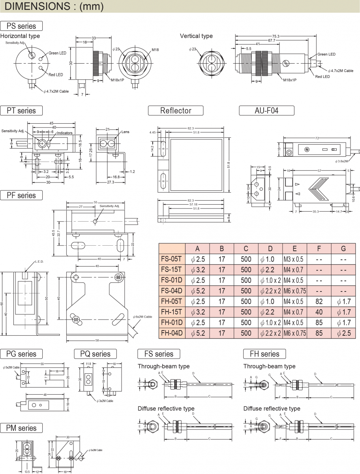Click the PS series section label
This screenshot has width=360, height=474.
pyautogui.click(x=21, y=26)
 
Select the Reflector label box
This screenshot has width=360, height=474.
pyautogui.click(x=176, y=111)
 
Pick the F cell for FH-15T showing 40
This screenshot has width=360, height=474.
pyautogui.click(x=319, y=312)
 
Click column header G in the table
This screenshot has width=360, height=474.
pyautogui.click(x=343, y=248)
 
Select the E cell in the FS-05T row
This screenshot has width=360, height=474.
pyautogui.click(x=294, y=259)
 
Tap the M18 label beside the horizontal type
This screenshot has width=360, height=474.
pyautogui.click(x=155, y=50)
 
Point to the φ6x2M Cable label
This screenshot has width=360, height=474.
pyautogui.click(x=142, y=317)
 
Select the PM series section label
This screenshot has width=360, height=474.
pyautogui.click(x=21, y=428)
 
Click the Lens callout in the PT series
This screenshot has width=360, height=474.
pyautogui.click(x=126, y=132)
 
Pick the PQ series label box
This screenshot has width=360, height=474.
pyautogui.click(x=95, y=354)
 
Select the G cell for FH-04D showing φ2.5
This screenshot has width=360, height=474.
pyautogui.click(x=343, y=333)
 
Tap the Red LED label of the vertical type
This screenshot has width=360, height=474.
pyautogui.click(x=322, y=77)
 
